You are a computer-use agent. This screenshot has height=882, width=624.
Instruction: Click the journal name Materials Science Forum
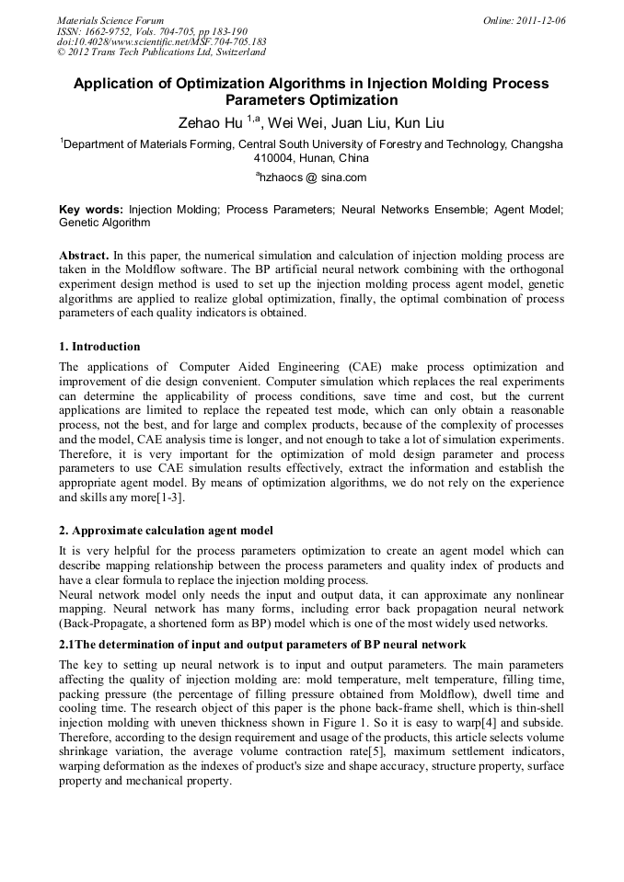click(110, 20)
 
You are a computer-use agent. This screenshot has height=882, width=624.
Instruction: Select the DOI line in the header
click(162, 41)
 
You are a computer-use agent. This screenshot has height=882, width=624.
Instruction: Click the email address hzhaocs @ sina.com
click(312, 178)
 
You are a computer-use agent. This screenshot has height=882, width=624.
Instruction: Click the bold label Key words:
click(90, 210)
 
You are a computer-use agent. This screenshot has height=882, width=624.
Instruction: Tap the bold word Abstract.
click(84, 255)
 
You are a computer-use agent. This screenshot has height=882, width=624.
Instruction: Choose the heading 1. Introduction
click(98, 347)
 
